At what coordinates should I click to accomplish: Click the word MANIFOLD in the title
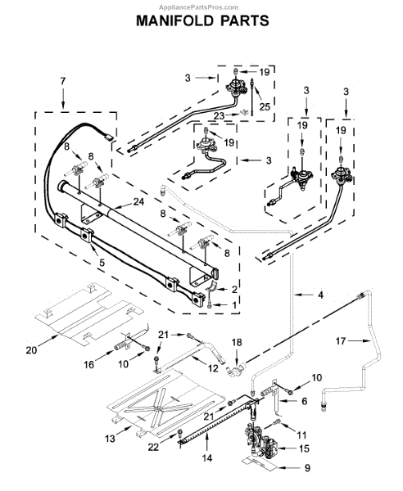point(175,20)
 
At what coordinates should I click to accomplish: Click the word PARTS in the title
point(245,20)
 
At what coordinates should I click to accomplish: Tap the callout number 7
point(63,81)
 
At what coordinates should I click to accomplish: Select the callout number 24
point(138,202)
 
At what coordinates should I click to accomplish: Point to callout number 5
point(102,263)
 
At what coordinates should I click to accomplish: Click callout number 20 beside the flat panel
point(31,349)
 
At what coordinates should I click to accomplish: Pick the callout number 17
point(341,340)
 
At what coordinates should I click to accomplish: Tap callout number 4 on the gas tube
point(320,295)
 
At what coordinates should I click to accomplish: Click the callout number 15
point(304,448)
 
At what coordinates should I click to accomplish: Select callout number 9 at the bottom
point(307,468)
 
